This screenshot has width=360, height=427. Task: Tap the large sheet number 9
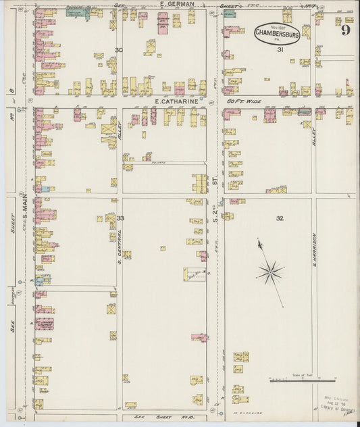coord(345,30)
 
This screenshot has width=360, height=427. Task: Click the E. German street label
coord(177,4)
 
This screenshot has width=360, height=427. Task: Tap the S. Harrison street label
coord(315,249)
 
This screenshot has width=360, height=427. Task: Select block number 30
coord(119,51)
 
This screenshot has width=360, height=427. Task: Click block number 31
coord(279,50)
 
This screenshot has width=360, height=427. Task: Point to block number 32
coord(280,218)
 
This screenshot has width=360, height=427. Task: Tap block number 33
coord(120,218)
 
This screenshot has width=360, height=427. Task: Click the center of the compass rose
coord(269,273)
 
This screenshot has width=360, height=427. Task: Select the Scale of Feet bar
coord(301,381)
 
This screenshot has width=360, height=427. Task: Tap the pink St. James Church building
coord(44,324)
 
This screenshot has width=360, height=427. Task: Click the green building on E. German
coord(78,12)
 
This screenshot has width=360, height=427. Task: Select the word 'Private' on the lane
coord(162,162)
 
